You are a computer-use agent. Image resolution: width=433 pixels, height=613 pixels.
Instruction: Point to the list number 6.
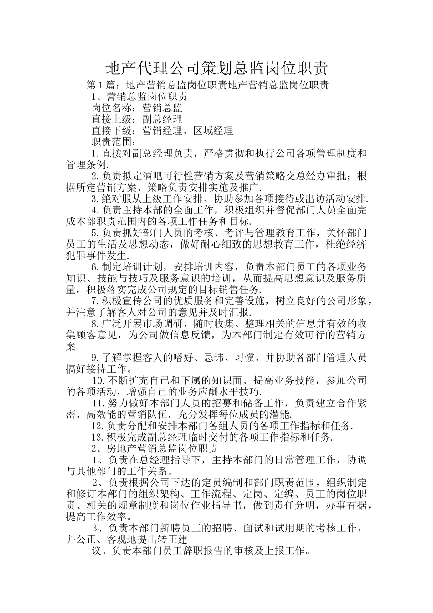click(95, 267)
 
